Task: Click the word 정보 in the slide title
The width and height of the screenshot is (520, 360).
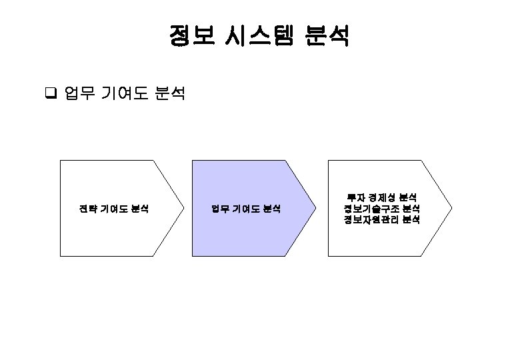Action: point(191,37)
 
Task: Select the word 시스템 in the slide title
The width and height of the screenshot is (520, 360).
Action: point(257,37)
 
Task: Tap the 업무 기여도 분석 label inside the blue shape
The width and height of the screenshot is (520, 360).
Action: point(246,209)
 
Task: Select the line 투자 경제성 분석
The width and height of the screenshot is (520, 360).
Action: point(382,197)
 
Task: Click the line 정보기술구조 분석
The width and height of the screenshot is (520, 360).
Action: point(382,209)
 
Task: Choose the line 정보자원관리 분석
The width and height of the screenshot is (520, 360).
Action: point(382,220)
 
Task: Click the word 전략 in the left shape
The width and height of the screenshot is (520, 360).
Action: point(87,209)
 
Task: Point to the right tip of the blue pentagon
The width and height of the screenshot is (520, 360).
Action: point(315,208)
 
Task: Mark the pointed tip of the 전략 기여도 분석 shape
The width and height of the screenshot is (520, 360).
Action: point(183,208)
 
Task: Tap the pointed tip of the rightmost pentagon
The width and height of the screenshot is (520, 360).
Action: point(451,208)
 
